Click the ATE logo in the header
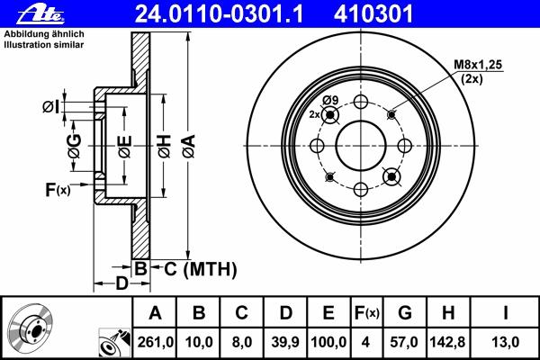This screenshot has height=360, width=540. pos(40,14)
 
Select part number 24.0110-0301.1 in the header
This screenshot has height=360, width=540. pos(219,14)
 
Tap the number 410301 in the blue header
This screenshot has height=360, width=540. pos(373,14)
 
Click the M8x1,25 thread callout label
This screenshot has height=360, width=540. pos(478,65)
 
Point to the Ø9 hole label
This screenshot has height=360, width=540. pos(330,100)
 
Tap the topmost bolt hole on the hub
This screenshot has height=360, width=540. pos(361,102)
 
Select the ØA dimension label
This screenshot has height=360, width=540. pos(189,146)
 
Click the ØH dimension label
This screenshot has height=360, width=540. pos(165,146)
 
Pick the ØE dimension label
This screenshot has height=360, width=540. pos(125,146)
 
